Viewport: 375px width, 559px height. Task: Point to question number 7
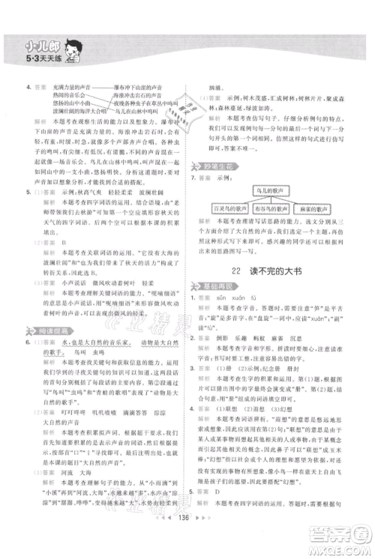click(193, 175)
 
